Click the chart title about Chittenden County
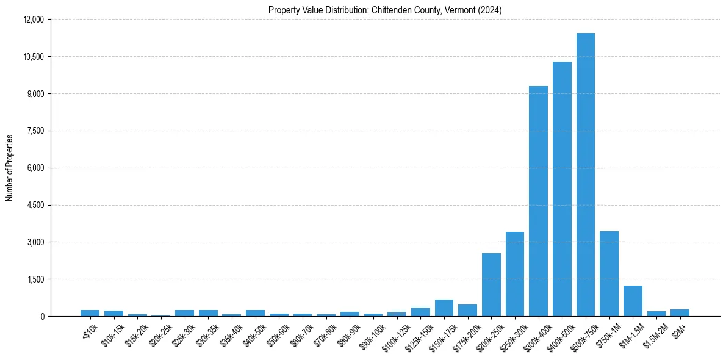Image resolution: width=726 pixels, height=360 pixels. click(385, 10)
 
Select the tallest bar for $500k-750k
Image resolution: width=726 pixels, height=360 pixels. click(585, 175)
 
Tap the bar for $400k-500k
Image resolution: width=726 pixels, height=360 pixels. click(562, 189)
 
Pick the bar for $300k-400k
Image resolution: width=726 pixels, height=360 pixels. click(538, 201)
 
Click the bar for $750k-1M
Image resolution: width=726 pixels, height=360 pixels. click(609, 274)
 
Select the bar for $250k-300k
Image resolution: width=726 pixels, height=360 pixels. click(514, 274)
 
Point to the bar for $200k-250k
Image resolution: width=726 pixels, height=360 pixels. click(491, 285)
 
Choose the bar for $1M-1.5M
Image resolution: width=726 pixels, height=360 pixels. click(633, 301)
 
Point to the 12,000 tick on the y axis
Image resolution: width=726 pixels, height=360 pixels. click(34, 20)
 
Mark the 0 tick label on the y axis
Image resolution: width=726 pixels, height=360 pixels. click(42, 317)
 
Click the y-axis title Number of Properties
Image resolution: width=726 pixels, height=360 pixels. click(10, 168)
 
